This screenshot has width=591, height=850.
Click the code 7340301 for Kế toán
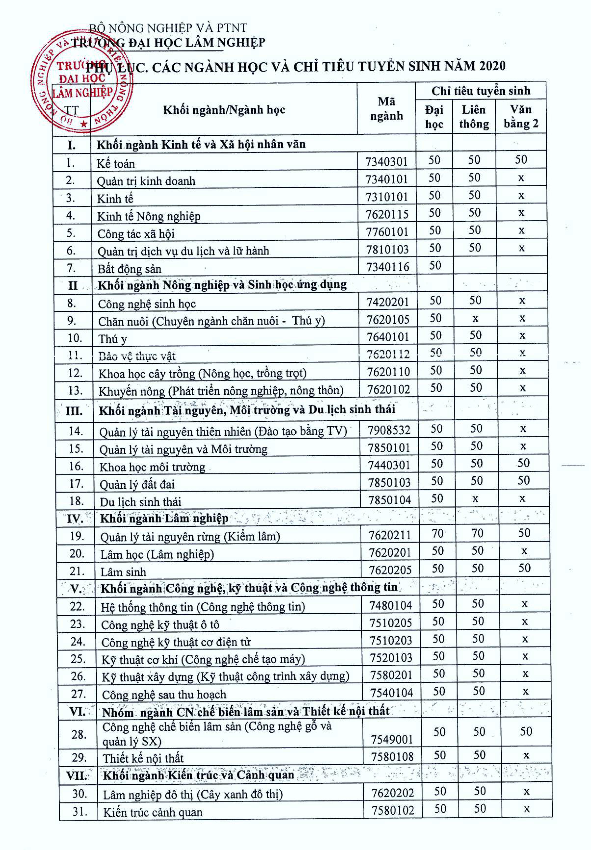coord(386,162)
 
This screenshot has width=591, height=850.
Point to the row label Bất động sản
coord(129,269)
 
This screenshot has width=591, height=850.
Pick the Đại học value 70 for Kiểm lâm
coord(437,533)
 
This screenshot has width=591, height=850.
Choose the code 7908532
coord(389,430)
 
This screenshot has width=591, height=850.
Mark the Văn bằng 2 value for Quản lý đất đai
coord(523,480)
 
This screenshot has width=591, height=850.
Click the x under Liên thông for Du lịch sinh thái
coord(475,499)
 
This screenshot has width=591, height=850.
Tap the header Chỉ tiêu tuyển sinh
coord(481,91)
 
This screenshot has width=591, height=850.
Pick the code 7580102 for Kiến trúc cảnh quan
coord(393,810)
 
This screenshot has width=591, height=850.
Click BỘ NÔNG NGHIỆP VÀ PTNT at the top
coord(168,28)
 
